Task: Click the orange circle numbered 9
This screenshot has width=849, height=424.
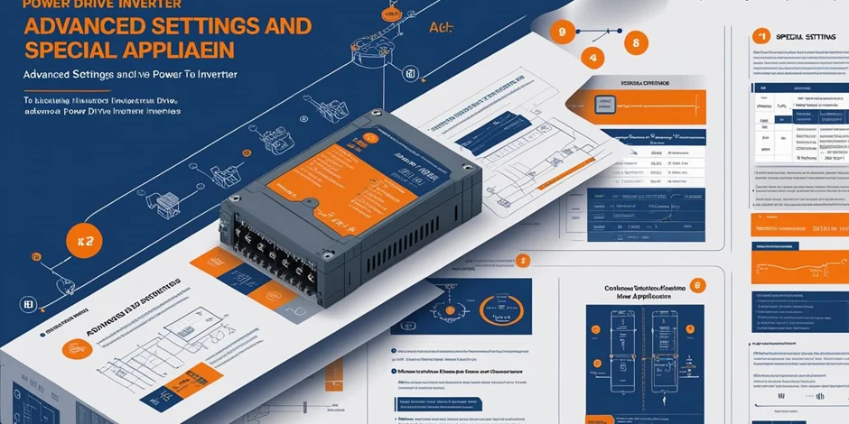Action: click(563, 32)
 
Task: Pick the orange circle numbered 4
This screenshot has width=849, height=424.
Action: click(592, 60)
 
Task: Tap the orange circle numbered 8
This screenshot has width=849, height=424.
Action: click(636, 41)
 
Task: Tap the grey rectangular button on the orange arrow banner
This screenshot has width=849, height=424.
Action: click(599, 104)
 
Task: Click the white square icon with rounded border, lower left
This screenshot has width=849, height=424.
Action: click(27, 306)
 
